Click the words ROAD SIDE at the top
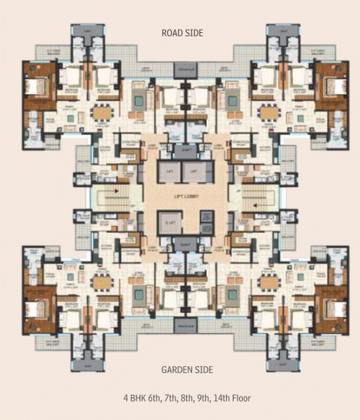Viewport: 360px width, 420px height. pyautogui.click(x=181, y=32)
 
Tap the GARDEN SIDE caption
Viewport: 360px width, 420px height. pyautogui.click(x=181, y=370)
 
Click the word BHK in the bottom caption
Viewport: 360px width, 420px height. pyautogui.click(x=137, y=398)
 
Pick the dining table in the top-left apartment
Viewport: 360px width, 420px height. pyautogui.click(x=102, y=112)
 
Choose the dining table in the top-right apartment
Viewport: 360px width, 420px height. pyautogui.click(x=266, y=112)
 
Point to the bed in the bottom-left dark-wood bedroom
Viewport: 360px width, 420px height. pyautogui.click(x=34, y=306)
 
